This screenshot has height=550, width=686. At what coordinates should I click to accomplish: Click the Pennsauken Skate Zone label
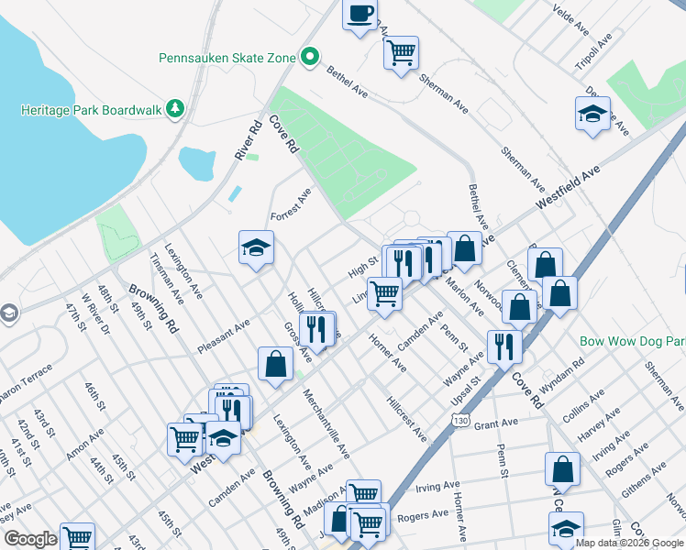(x=227, y=58)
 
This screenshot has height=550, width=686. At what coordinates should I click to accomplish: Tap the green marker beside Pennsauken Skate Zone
(x=310, y=58)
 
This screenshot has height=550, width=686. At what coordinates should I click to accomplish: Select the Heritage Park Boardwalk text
(x=91, y=110)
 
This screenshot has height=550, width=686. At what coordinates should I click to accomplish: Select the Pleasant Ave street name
(x=224, y=337)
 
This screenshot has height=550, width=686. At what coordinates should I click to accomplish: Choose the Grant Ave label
(x=497, y=423)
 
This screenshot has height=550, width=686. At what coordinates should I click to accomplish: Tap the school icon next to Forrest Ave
(x=257, y=247)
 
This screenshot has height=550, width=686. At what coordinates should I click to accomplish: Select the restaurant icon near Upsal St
(x=504, y=346)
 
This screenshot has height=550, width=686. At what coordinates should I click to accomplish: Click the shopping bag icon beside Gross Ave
(x=275, y=364)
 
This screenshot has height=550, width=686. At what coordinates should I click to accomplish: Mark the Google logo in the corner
(x=30, y=539)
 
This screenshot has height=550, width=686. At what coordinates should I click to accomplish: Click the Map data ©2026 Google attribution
(x=630, y=543)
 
